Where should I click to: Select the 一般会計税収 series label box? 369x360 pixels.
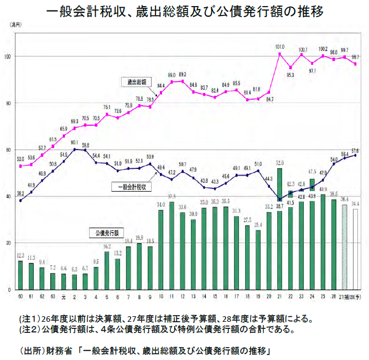coord(131,186)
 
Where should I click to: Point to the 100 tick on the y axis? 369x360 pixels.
coord(8,56)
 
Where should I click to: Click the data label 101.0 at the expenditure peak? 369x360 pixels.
coord(279,47)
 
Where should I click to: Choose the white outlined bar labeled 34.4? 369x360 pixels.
coord(355,249)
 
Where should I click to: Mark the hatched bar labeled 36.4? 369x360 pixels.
coord(345,247)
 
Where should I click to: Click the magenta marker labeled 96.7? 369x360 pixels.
coord(355,64)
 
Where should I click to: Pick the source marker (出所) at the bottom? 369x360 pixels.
coord(30,351)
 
